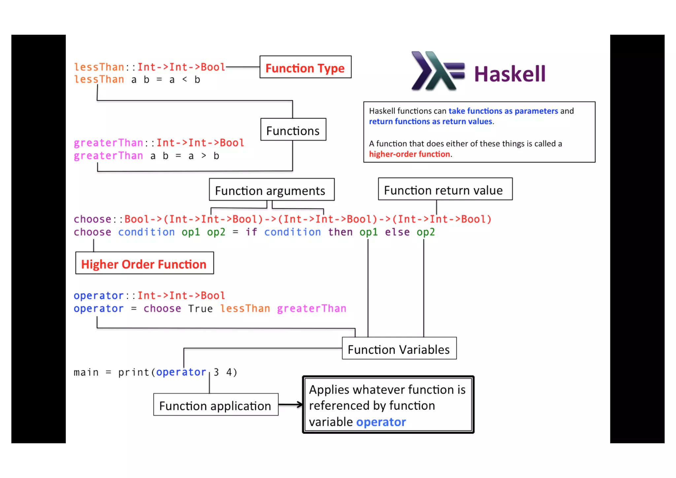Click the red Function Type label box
point(305,67)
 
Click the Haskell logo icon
point(437,71)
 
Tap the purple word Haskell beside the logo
point(510,74)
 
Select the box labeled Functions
point(293,130)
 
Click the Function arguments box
point(271,190)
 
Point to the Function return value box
point(445,189)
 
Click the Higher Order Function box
point(144,263)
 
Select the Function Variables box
point(399,349)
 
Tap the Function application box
point(216,405)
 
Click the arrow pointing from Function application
point(290,405)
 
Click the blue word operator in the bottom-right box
point(381,422)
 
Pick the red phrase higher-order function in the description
point(409,154)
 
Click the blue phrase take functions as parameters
point(503,111)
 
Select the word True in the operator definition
point(200,309)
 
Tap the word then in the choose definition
point(340,232)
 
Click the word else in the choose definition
point(397,232)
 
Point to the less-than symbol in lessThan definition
point(185,80)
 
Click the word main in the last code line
point(86,372)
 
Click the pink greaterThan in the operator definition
point(311,309)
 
